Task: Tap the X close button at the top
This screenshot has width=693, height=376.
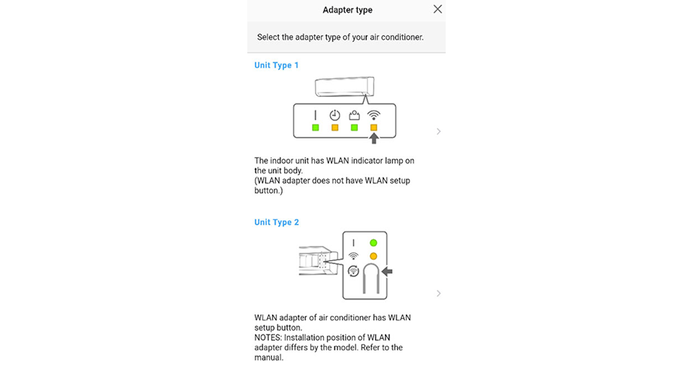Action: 437,9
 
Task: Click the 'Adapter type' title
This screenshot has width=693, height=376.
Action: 347,10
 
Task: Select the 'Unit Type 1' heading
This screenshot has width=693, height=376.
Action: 276,65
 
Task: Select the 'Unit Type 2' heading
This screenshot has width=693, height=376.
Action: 276,222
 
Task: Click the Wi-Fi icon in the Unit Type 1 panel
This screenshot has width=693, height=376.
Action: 373,115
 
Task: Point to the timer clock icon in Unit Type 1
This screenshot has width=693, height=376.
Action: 335,115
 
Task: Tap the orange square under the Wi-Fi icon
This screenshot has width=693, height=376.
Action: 373,128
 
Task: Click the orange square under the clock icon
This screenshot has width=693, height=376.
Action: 335,128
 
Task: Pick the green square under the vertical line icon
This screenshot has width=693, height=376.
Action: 316,128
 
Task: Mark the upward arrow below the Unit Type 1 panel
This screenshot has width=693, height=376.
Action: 373,138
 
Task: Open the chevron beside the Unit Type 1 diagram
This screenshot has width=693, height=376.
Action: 438,132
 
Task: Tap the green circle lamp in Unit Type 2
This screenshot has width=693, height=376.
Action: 373,243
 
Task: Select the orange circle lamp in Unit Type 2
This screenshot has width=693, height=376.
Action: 373,256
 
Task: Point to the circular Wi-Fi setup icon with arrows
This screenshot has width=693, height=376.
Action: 353,271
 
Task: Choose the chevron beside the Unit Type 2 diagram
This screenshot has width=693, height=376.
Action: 438,293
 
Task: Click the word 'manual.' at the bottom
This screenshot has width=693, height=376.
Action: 268,357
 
